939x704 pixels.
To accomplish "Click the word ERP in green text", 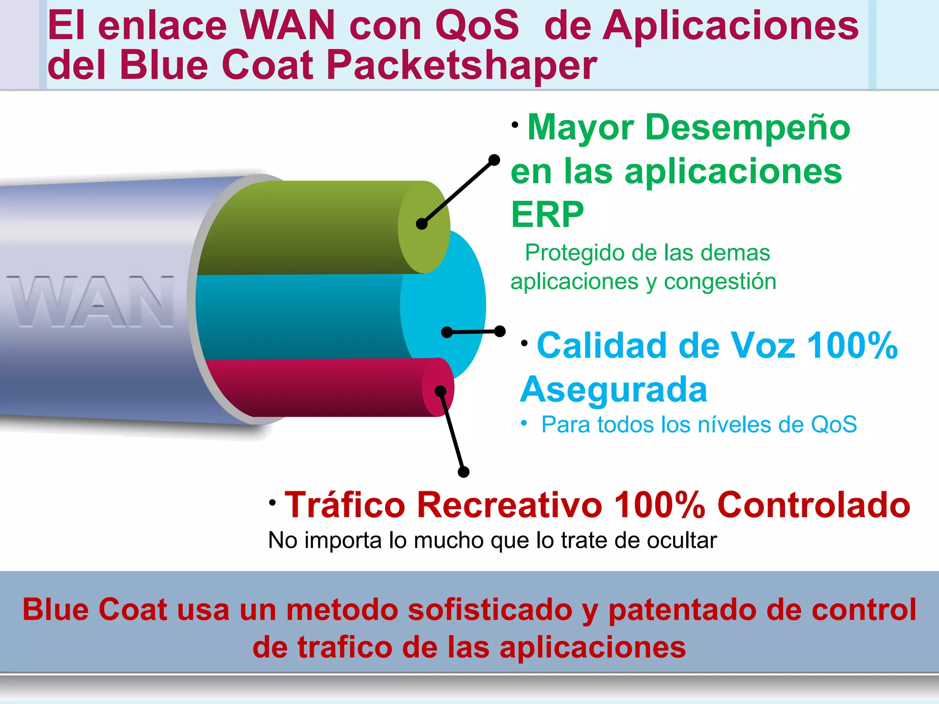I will point(547,214).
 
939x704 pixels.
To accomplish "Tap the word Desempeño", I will point(747,127).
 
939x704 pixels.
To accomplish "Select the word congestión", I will point(720,281).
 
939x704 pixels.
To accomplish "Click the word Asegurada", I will point(614,390).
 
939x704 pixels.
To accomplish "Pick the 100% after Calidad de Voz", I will point(852,346).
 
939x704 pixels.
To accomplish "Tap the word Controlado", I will point(813,505).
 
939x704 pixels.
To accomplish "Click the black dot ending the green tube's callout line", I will point(494,160).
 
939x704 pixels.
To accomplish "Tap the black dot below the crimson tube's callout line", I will point(464,472).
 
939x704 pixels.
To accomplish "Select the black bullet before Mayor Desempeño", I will point(515,125).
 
